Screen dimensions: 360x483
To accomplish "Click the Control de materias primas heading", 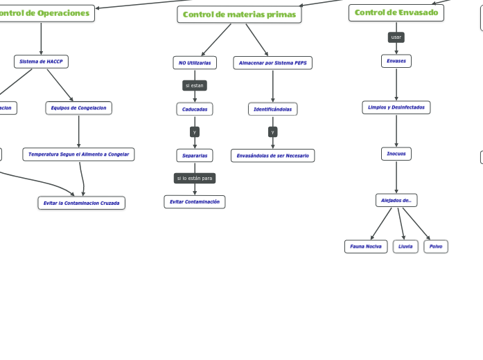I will (239, 15).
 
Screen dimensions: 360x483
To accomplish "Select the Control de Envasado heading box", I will (396, 12).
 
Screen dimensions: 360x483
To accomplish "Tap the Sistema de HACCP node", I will (41, 62).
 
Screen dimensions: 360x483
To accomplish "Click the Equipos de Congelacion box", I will (78, 107).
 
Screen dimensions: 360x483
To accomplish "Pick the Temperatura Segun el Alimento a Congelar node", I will (78, 154).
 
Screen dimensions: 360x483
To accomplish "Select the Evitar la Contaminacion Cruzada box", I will (81, 203).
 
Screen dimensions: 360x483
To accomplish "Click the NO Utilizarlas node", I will (194, 63).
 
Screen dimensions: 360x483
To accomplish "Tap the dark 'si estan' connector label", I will (194, 85).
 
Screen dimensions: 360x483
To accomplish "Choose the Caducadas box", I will (195, 109).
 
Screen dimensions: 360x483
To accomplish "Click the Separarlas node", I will (195, 155).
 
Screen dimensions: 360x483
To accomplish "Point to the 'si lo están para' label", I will (195, 178).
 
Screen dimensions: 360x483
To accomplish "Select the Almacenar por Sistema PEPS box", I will (272, 63).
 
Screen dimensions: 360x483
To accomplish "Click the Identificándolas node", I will (272, 109).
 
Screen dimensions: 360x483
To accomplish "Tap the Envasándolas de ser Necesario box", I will (272, 156).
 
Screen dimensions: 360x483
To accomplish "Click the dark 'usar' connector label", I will (396, 37).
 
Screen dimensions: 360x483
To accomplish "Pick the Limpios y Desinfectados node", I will (396, 107).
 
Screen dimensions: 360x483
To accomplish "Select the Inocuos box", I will (396, 153).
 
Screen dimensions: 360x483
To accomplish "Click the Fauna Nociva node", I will (365, 246).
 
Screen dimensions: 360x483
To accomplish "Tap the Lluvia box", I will (405, 246).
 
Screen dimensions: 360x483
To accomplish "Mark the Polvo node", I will (436, 246).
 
